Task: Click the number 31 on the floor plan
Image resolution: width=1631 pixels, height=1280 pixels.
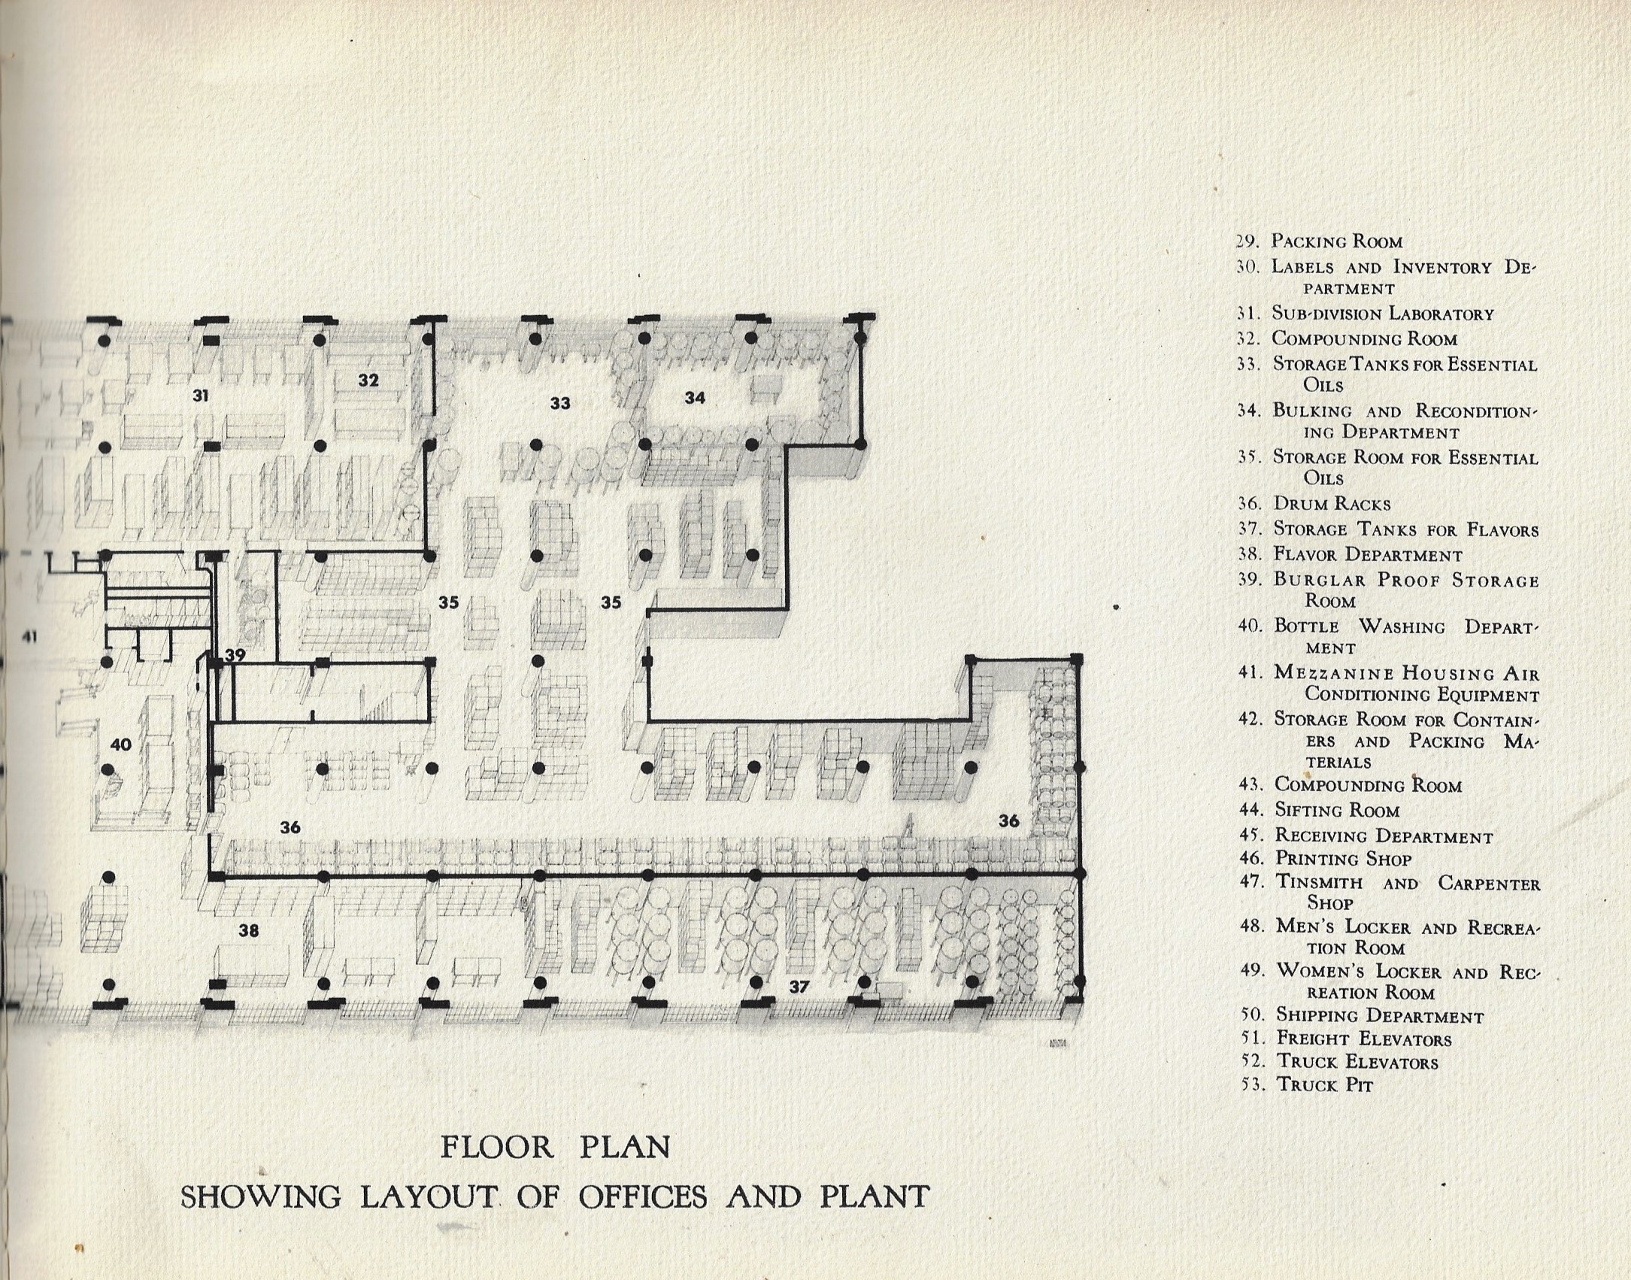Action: [200, 395]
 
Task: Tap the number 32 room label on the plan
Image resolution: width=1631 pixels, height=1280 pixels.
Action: [368, 381]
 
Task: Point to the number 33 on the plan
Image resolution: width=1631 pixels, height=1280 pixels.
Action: [559, 403]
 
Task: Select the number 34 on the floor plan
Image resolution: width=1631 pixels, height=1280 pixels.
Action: [694, 397]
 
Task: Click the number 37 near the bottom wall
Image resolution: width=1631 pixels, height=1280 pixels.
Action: [799, 986]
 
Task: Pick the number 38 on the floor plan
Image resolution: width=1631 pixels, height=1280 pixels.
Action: [248, 931]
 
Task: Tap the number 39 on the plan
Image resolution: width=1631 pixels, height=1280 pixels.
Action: [235, 655]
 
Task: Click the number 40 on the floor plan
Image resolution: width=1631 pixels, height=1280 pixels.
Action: [120, 745]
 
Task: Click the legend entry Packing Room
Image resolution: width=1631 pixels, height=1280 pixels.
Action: [1336, 242]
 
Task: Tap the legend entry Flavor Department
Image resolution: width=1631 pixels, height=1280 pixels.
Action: [1367, 555]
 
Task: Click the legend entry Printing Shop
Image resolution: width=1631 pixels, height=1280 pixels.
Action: [1343, 859]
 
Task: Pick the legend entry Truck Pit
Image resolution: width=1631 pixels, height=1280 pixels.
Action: [1324, 1085]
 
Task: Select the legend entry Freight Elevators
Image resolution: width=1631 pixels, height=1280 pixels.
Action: [1363, 1039]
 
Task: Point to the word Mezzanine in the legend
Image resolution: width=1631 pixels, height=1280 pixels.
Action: [1335, 674]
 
